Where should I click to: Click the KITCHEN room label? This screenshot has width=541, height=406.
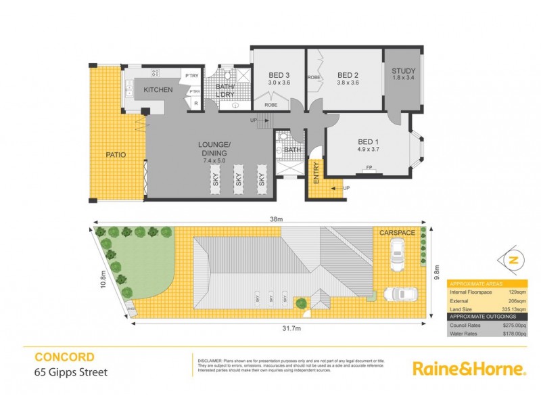[x=158, y=90]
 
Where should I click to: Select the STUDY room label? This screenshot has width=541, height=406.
[x=404, y=70]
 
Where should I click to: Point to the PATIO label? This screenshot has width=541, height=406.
[x=116, y=155]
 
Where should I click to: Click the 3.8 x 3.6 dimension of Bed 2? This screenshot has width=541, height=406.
[x=347, y=83]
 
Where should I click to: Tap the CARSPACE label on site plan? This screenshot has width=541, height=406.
[x=396, y=232]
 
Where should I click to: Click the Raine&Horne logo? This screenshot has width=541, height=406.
[x=469, y=369]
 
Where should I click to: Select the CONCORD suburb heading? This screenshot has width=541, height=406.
[x=64, y=357]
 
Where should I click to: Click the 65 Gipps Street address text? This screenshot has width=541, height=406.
[x=71, y=371]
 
